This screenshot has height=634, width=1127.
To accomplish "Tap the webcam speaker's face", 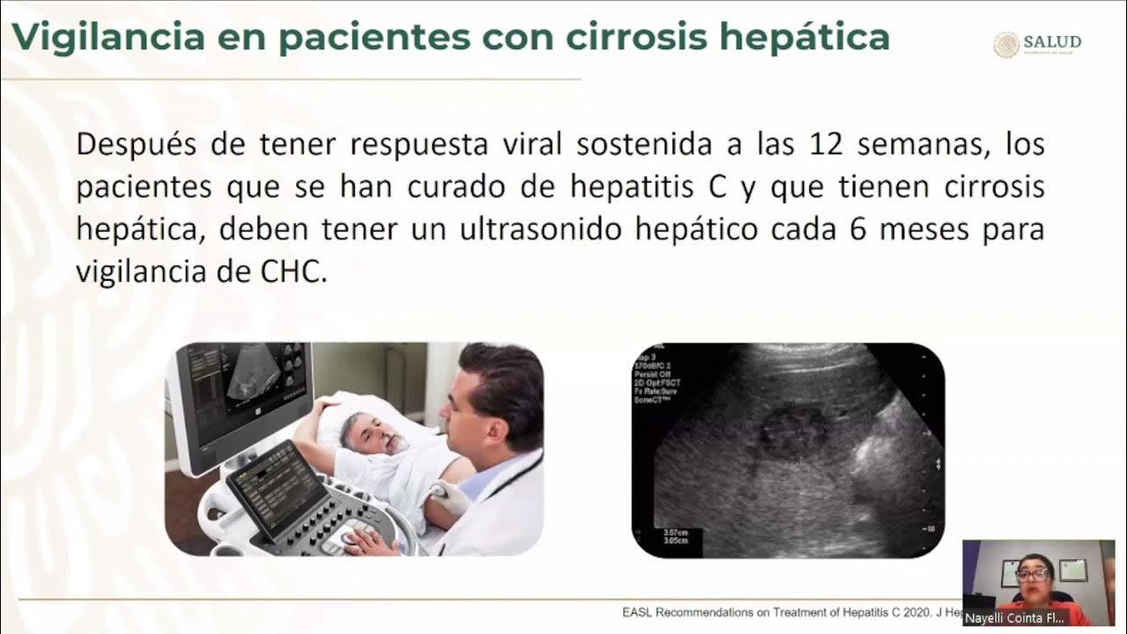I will [1034, 575].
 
